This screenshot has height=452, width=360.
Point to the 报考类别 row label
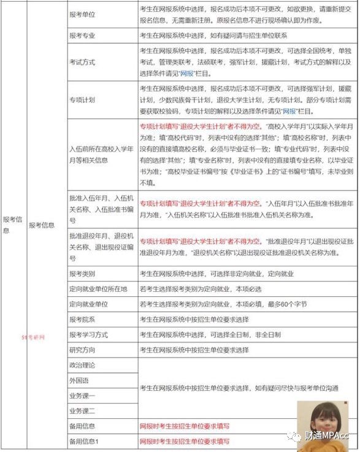pyautogui.click(x=84, y=273)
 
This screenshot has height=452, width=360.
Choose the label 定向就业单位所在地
pyautogui.click(x=98, y=288)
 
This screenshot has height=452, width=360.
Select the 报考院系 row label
pyautogui.click(x=84, y=319)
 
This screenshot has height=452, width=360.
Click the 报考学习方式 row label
pyautogui.click(x=90, y=334)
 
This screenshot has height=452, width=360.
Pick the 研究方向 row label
pyautogui.click(x=84, y=350)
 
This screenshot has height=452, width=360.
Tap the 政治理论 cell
pyautogui.click(x=84, y=365)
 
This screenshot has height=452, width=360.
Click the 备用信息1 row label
pyautogui.click(x=86, y=442)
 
